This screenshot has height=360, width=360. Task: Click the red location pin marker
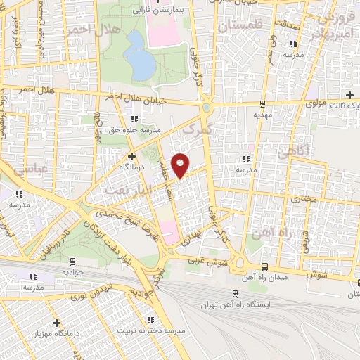pyautogui.click(x=181, y=165)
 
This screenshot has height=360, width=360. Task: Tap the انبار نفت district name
pyautogui.click(x=126, y=189)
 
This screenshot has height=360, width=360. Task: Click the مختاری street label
pyautogui.click(x=304, y=200)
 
